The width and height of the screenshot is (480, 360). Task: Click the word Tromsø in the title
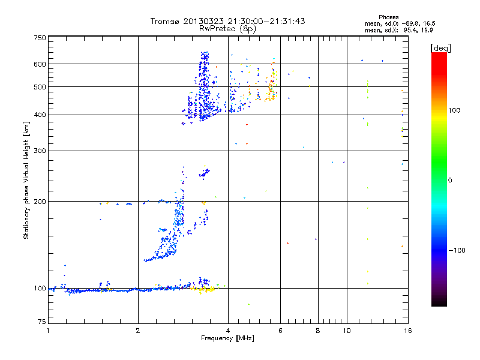coord(166,21)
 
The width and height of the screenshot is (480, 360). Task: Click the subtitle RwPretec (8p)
coord(229,28)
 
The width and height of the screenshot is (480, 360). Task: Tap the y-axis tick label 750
coord(40,38)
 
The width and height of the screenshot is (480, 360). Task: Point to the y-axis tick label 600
coord(40,64)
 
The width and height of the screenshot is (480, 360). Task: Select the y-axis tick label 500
coord(40,87)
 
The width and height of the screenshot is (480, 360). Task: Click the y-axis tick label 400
coord(40,115)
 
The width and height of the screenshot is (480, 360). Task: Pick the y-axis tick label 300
coord(40,151)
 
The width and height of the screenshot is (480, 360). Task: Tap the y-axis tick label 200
coord(40,202)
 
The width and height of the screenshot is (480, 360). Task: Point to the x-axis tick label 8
coord(318,331)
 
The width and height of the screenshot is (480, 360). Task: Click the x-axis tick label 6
coord(281,331)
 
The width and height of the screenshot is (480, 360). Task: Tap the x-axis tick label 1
coord(49,331)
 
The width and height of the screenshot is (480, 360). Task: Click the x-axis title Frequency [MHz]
coord(227,338)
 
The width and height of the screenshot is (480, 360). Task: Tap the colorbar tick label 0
coord(452,180)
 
